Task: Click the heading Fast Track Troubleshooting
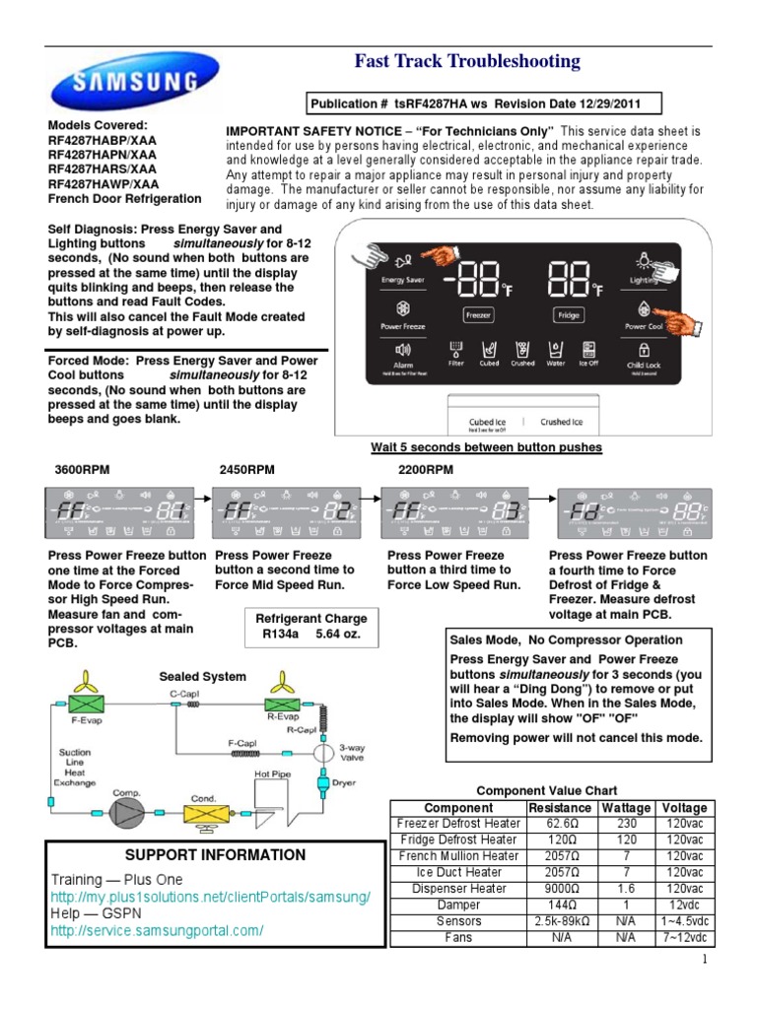467,62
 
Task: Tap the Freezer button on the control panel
479,314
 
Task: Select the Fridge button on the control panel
568,314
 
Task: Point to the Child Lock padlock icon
643,350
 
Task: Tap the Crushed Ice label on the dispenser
561,422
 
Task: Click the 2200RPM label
426,470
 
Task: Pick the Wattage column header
627,807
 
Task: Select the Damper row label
458,906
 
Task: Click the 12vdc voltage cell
684,906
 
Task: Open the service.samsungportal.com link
157,931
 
